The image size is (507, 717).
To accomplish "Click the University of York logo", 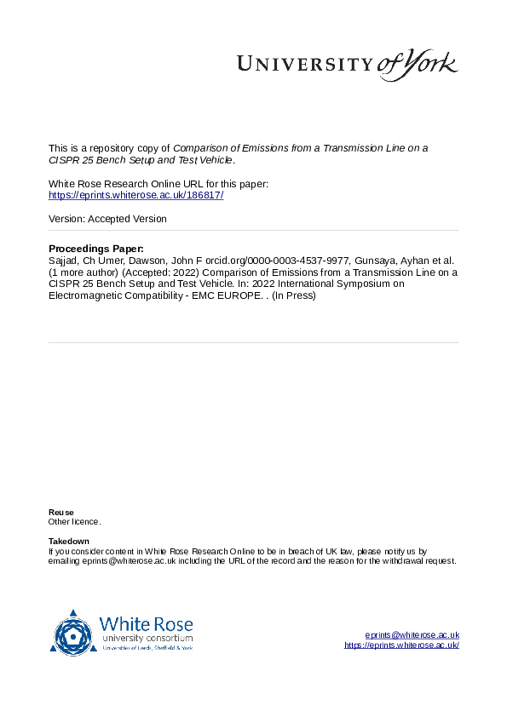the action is pyautogui.click(x=346, y=65).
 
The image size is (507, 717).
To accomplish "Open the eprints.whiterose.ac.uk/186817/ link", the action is pyautogui.click(x=136, y=195).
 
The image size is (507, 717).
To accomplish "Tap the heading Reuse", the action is pyautogui.click(x=60, y=512).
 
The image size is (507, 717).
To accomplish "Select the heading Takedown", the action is pyautogui.click(x=69, y=542).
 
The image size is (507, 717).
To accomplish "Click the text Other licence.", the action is pyautogui.click(x=74, y=521).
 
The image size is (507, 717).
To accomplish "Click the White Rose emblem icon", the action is pyautogui.click(x=73, y=633).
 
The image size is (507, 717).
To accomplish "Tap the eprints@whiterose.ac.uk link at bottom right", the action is pyautogui.click(x=412, y=635).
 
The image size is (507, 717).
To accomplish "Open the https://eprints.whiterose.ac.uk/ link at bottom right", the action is pyautogui.click(x=401, y=645).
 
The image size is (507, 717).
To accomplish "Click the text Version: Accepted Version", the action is pyautogui.click(x=107, y=219).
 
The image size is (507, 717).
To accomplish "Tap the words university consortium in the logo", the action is pyautogui.click(x=147, y=638).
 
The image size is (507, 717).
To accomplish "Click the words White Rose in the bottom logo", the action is pyautogui.click(x=147, y=624).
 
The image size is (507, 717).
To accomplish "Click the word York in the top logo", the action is pyautogui.click(x=432, y=63).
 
